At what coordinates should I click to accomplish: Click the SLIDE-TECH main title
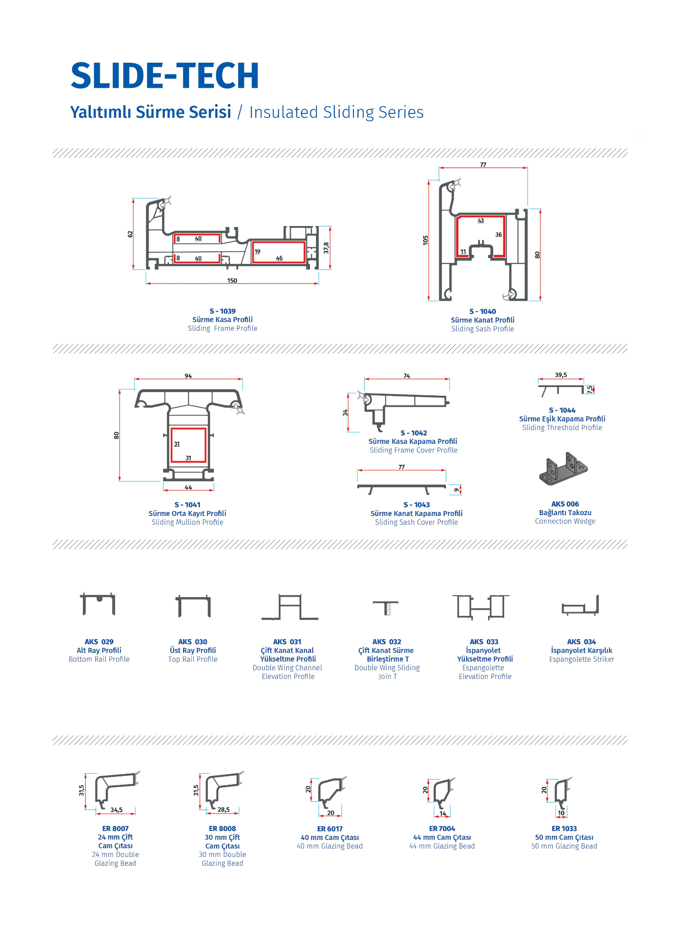(x=165, y=75)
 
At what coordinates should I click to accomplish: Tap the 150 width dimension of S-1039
(x=232, y=280)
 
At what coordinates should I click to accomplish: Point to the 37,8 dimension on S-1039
(x=326, y=248)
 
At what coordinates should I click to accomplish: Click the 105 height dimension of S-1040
(x=425, y=240)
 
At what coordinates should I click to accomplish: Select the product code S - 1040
(x=483, y=312)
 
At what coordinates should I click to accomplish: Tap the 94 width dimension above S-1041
(x=188, y=376)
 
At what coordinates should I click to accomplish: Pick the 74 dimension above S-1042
(x=407, y=376)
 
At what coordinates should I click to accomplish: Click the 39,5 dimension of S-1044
(x=561, y=375)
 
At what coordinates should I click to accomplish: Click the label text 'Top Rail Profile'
(x=193, y=659)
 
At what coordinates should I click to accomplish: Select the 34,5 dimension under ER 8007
(x=116, y=810)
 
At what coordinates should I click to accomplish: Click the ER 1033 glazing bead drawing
(x=563, y=792)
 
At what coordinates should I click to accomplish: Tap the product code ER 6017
(x=330, y=829)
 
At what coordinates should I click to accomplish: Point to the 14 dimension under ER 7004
(x=443, y=813)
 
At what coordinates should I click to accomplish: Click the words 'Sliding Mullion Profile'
(x=187, y=522)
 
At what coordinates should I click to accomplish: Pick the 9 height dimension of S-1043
(x=456, y=490)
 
